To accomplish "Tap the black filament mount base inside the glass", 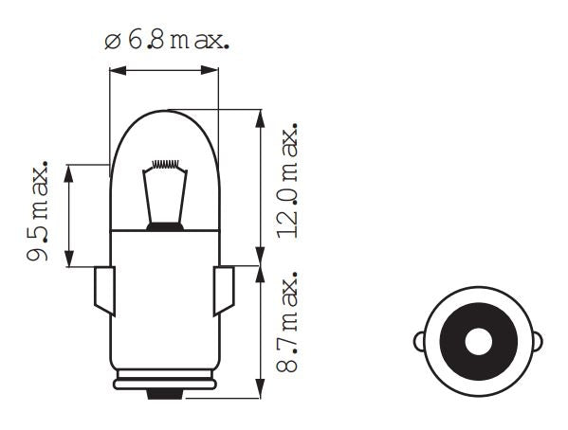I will coord(165,226).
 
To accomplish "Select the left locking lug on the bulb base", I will coord(105,290).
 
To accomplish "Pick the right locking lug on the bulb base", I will coord(224,290).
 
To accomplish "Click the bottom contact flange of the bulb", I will coord(165,384).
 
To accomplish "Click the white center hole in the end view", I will coord(478,340).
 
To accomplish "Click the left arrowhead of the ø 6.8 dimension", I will coord(115,69).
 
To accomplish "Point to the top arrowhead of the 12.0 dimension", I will coord(259,115).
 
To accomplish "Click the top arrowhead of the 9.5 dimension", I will coord(68,170).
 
